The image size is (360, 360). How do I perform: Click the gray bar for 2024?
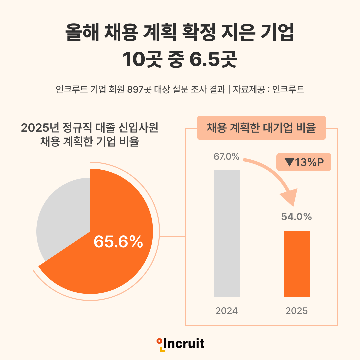coord(227,233)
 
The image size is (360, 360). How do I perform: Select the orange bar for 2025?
coord(296,263)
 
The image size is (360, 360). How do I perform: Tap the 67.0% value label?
coord(226,156)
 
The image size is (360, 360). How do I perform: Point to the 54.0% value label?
coord(296,217)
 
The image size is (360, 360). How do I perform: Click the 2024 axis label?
coord(227,311)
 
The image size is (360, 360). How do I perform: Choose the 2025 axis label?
coord(296,311)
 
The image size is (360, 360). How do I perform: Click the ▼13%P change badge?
coord(304,162)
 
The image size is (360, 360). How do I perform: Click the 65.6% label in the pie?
coord(118,242)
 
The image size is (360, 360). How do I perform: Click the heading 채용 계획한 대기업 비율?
coord(261,128)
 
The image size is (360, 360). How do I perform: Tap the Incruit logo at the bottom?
coord(180,343)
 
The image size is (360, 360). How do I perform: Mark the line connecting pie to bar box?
coord(173,236)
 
